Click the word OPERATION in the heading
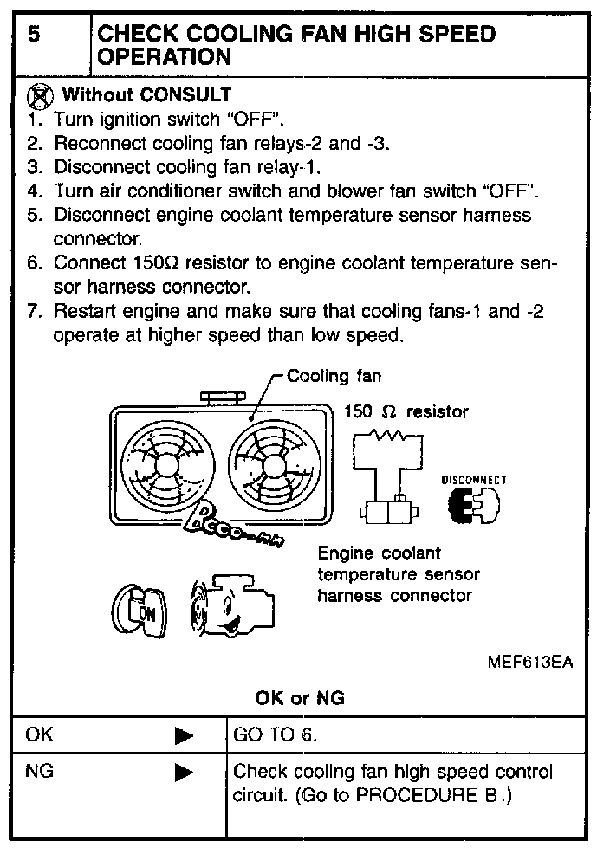pos(165,57)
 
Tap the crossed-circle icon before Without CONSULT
pos(39,94)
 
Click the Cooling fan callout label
pos(334,377)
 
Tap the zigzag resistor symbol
pos(387,433)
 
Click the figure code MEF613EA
pos(530,662)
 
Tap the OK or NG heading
pos(299,697)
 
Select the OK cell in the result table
pos(40,735)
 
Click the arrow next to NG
pos(184,771)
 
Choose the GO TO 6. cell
pos(276,735)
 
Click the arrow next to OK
pos(184,736)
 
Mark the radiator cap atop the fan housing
pos(224,398)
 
